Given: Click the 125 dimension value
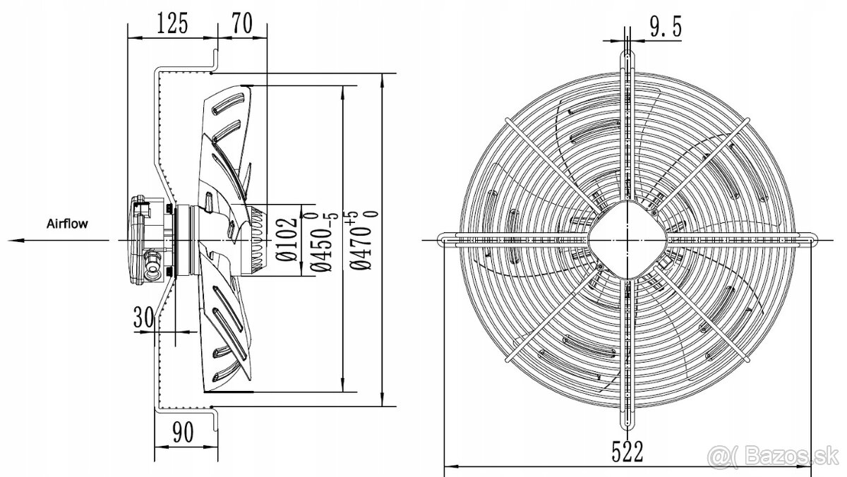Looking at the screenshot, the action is tap(172, 23).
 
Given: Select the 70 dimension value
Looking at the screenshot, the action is tap(241, 23).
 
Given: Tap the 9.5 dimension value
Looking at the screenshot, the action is tap(666, 27).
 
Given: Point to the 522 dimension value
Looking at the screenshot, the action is tap(627, 452).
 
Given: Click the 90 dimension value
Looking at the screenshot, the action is tap(183, 432).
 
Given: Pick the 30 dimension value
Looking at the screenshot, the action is tap(144, 318).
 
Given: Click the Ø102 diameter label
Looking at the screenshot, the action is tap(287, 239).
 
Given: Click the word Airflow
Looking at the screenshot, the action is tap(67, 224).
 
